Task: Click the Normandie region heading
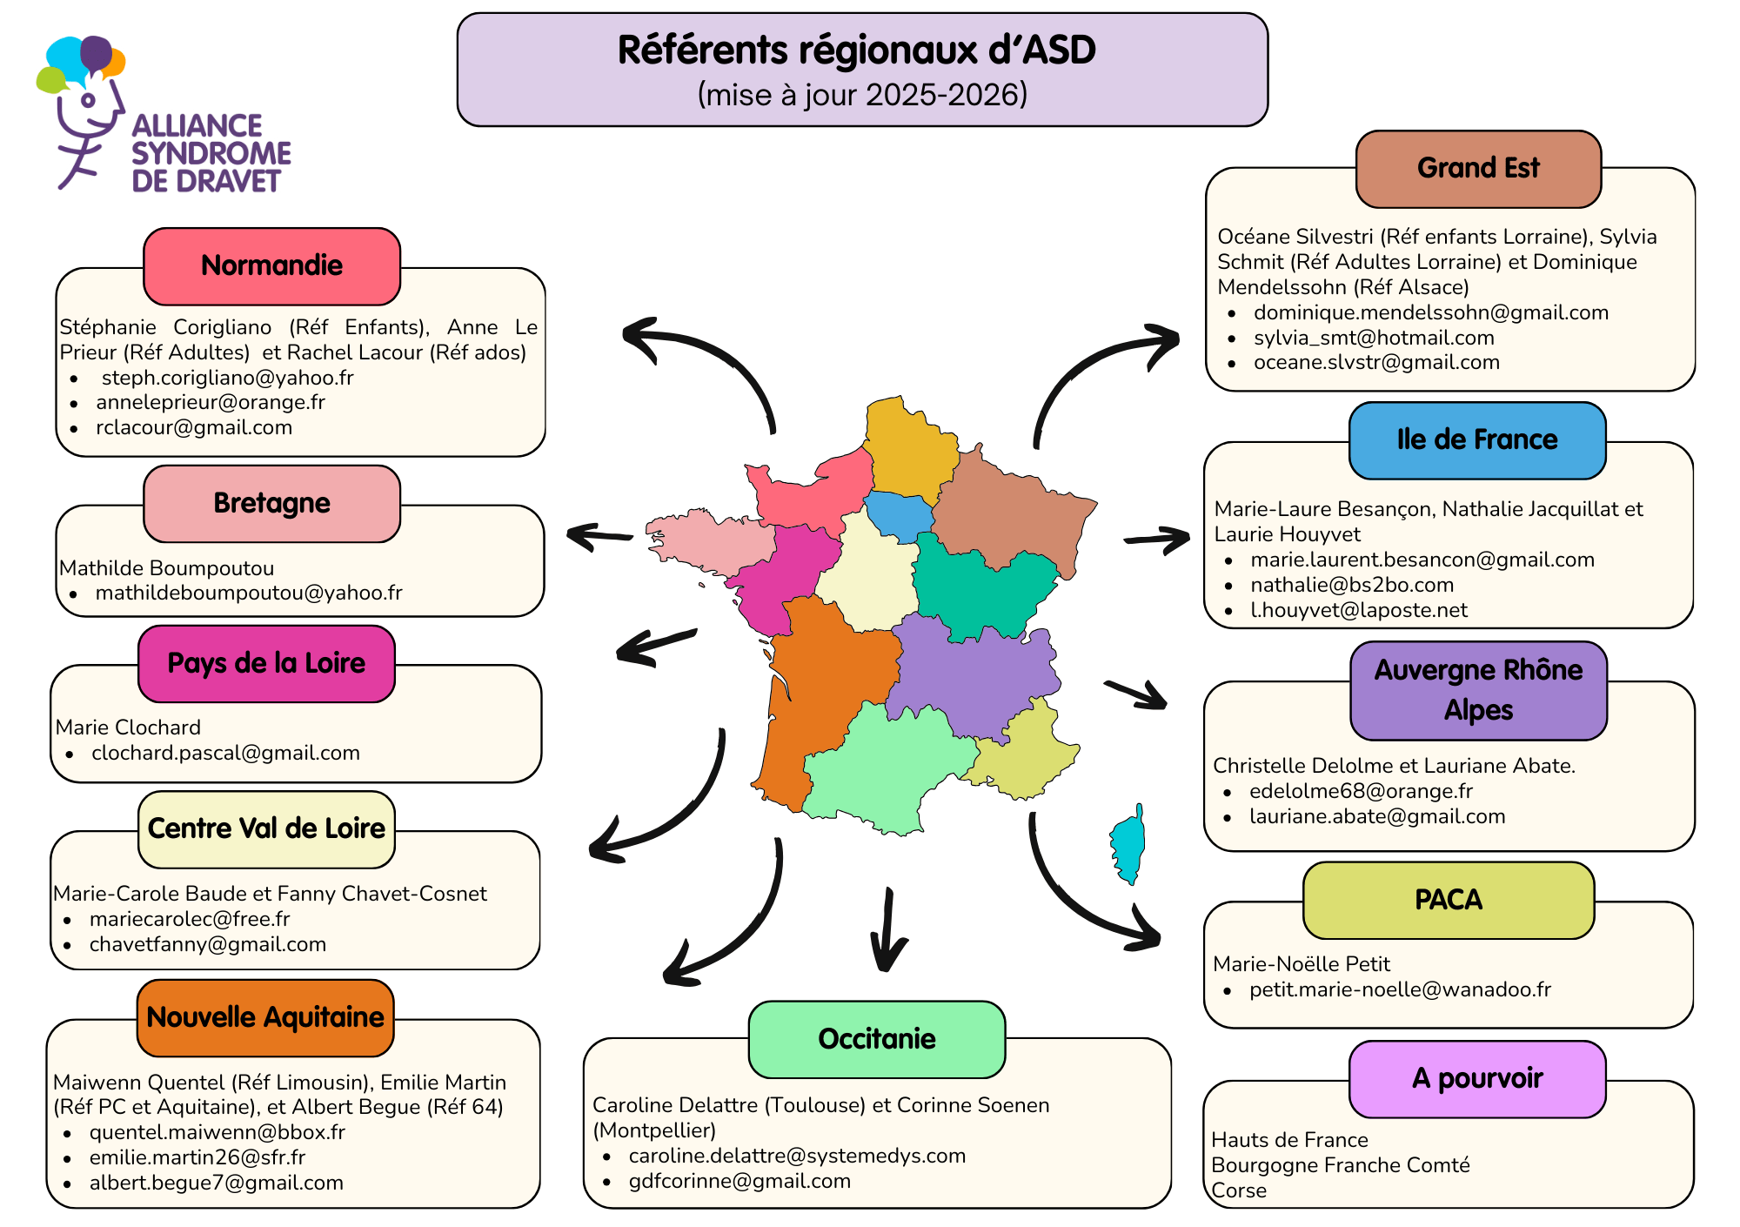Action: [271, 266]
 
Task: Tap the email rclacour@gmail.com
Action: [193, 427]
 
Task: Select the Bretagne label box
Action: [271, 504]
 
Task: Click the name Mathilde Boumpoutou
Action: [166, 568]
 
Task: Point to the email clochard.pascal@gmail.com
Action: [225, 753]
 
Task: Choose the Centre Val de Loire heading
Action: [266, 828]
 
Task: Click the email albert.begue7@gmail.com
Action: [216, 1183]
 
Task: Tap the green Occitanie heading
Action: [876, 1039]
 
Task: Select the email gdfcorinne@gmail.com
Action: [739, 1181]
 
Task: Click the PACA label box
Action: [1448, 900]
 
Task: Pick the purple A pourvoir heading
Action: [1476, 1079]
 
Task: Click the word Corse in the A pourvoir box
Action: [1239, 1190]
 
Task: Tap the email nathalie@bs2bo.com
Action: [1352, 585]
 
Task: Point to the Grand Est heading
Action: [1477, 169]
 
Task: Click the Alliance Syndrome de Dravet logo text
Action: [210, 153]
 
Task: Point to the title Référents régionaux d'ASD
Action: [856, 50]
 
